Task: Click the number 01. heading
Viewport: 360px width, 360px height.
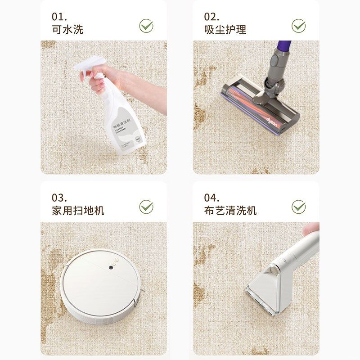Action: click(x=59, y=17)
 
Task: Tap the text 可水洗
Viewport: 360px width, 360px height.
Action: click(x=67, y=30)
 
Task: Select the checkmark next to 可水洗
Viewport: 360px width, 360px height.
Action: click(x=146, y=25)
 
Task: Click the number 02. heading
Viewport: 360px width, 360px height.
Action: click(x=211, y=17)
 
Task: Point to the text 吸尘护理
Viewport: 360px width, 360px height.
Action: click(x=225, y=30)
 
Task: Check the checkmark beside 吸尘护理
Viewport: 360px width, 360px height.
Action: click(x=298, y=25)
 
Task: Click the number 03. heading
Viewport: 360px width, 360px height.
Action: click(x=59, y=198)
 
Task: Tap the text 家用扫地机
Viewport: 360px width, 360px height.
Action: click(x=78, y=211)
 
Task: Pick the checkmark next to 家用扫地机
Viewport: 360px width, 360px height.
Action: click(x=146, y=207)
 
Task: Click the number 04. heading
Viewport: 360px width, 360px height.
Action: click(x=211, y=198)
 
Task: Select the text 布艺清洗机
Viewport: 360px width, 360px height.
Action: click(x=230, y=211)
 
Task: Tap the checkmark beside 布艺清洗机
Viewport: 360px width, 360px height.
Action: click(x=298, y=207)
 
